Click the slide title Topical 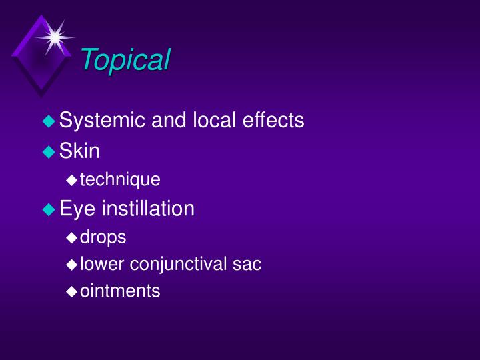point(125,60)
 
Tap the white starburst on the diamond point(55,37)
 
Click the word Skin point(79,151)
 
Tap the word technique point(120,180)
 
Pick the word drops point(103,237)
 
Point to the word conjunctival point(179,265)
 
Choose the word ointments point(120,291)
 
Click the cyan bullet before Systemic point(48,121)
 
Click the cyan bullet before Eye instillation point(48,209)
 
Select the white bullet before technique point(72,180)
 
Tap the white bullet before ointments point(72,292)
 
